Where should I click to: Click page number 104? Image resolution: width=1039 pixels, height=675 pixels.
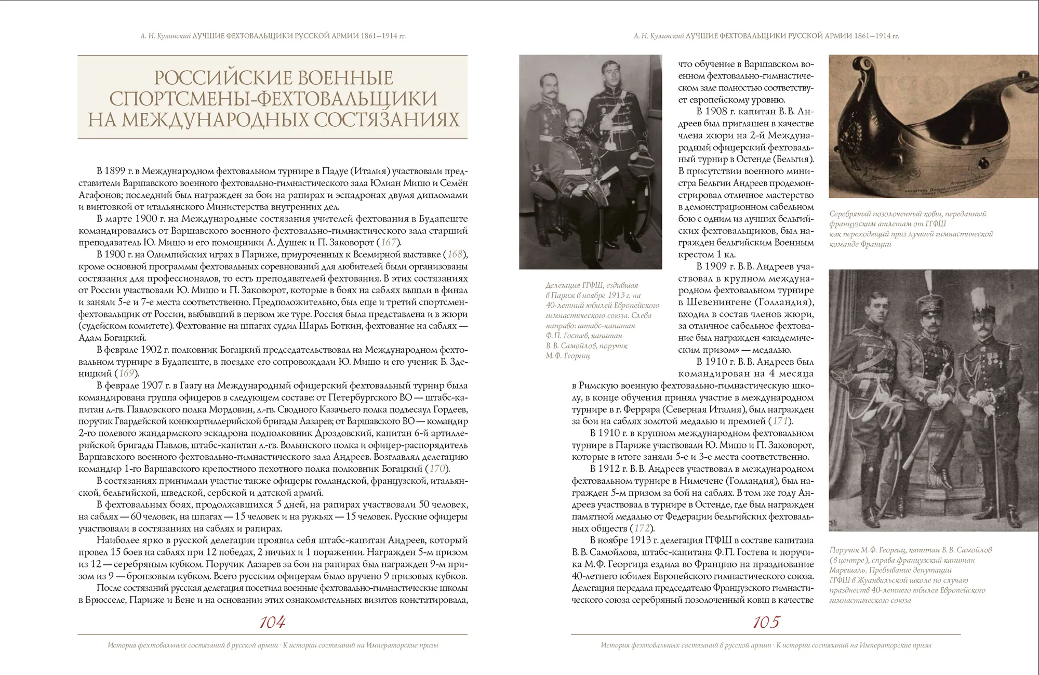272,622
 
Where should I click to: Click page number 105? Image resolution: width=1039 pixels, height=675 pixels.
766,622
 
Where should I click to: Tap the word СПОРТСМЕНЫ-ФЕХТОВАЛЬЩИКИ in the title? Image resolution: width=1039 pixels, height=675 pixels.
273,98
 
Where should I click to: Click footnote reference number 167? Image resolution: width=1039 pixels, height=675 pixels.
389,242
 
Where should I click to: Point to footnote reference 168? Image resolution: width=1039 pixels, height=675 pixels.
455,254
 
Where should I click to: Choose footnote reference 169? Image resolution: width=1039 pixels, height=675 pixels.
126,373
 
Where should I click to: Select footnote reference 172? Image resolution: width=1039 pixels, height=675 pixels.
642,528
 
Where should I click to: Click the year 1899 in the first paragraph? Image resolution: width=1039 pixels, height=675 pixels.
119,171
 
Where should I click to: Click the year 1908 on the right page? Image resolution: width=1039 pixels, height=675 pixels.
716,112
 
